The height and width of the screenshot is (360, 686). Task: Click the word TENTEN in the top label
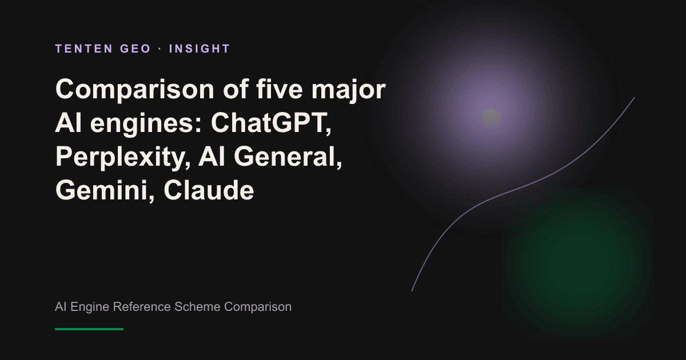point(84,49)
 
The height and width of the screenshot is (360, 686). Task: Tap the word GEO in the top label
point(135,49)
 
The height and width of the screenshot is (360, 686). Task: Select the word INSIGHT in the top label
point(200,49)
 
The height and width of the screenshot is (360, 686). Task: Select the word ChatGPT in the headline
point(271,123)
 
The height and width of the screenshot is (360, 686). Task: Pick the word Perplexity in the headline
point(123,157)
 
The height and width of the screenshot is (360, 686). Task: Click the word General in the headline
point(288,157)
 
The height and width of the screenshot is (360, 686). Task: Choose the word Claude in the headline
point(209,190)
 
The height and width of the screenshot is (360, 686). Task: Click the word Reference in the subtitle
point(142,307)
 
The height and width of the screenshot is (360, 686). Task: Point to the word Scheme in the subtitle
point(198,307)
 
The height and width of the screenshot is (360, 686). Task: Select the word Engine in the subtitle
point(90,307)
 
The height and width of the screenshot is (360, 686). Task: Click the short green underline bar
point(89,329)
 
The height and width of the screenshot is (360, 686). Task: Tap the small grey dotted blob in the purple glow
point(491,118)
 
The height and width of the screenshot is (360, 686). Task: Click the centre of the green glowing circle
point(579,263)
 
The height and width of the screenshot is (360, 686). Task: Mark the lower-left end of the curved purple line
point(412,291)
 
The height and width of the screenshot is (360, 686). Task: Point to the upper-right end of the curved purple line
point(634,98)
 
